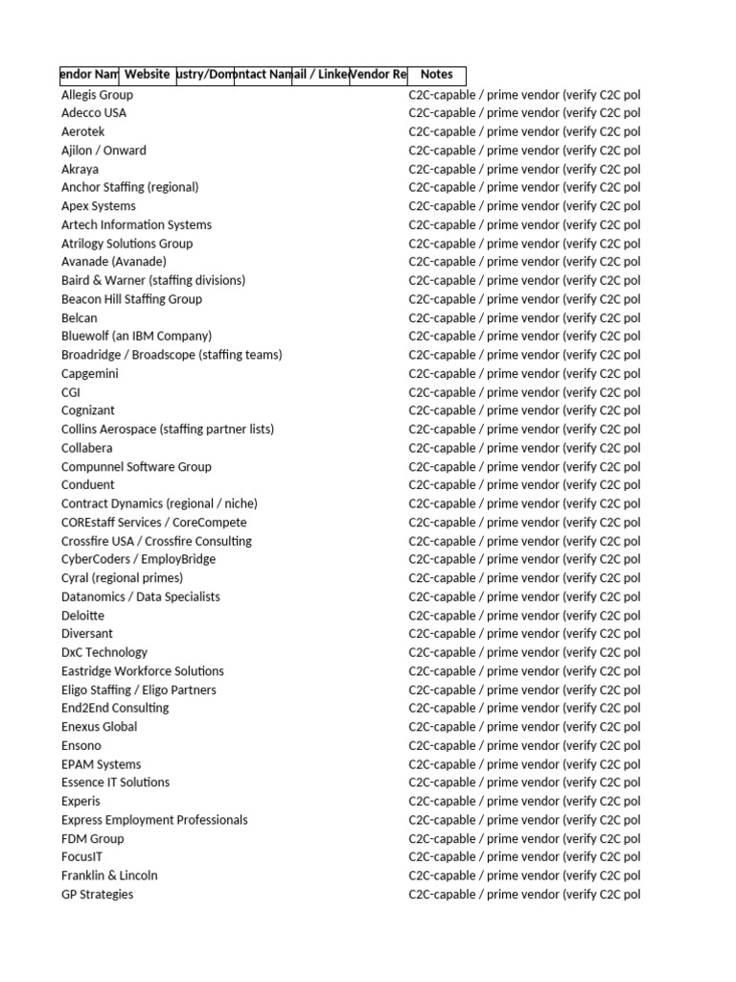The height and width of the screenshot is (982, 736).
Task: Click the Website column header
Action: coord(148,74)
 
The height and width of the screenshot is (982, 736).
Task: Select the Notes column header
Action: coord(436,74)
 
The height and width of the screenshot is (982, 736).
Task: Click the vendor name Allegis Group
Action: coord(97,95)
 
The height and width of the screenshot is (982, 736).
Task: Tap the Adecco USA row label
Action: coord(94,113)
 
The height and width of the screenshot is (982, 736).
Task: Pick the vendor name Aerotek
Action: coord(83,131)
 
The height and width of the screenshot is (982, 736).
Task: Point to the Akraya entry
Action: coord(80,169)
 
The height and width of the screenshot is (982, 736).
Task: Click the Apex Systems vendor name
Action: coord(99,206)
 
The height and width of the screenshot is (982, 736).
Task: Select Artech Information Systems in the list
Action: coord(136,224)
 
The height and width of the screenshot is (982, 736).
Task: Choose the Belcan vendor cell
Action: coord(80,317)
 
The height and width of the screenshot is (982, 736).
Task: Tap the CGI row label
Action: coord(71,392)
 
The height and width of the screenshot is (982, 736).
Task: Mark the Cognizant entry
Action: coord(88,410)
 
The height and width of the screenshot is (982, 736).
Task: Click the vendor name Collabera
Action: coord(87,448)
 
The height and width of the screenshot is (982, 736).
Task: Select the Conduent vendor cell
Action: coord(88,485)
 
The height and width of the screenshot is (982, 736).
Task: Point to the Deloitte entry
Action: coord(83,616)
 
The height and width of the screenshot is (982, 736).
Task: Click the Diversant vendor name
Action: coord(87,634)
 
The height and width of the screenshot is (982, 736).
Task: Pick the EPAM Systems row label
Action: coord(101,764)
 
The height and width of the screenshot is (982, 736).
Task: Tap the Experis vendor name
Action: coord(80,802)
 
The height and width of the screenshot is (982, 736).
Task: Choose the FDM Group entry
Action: coord(93,839)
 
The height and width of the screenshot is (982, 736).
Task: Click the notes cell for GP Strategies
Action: coord(524,895)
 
